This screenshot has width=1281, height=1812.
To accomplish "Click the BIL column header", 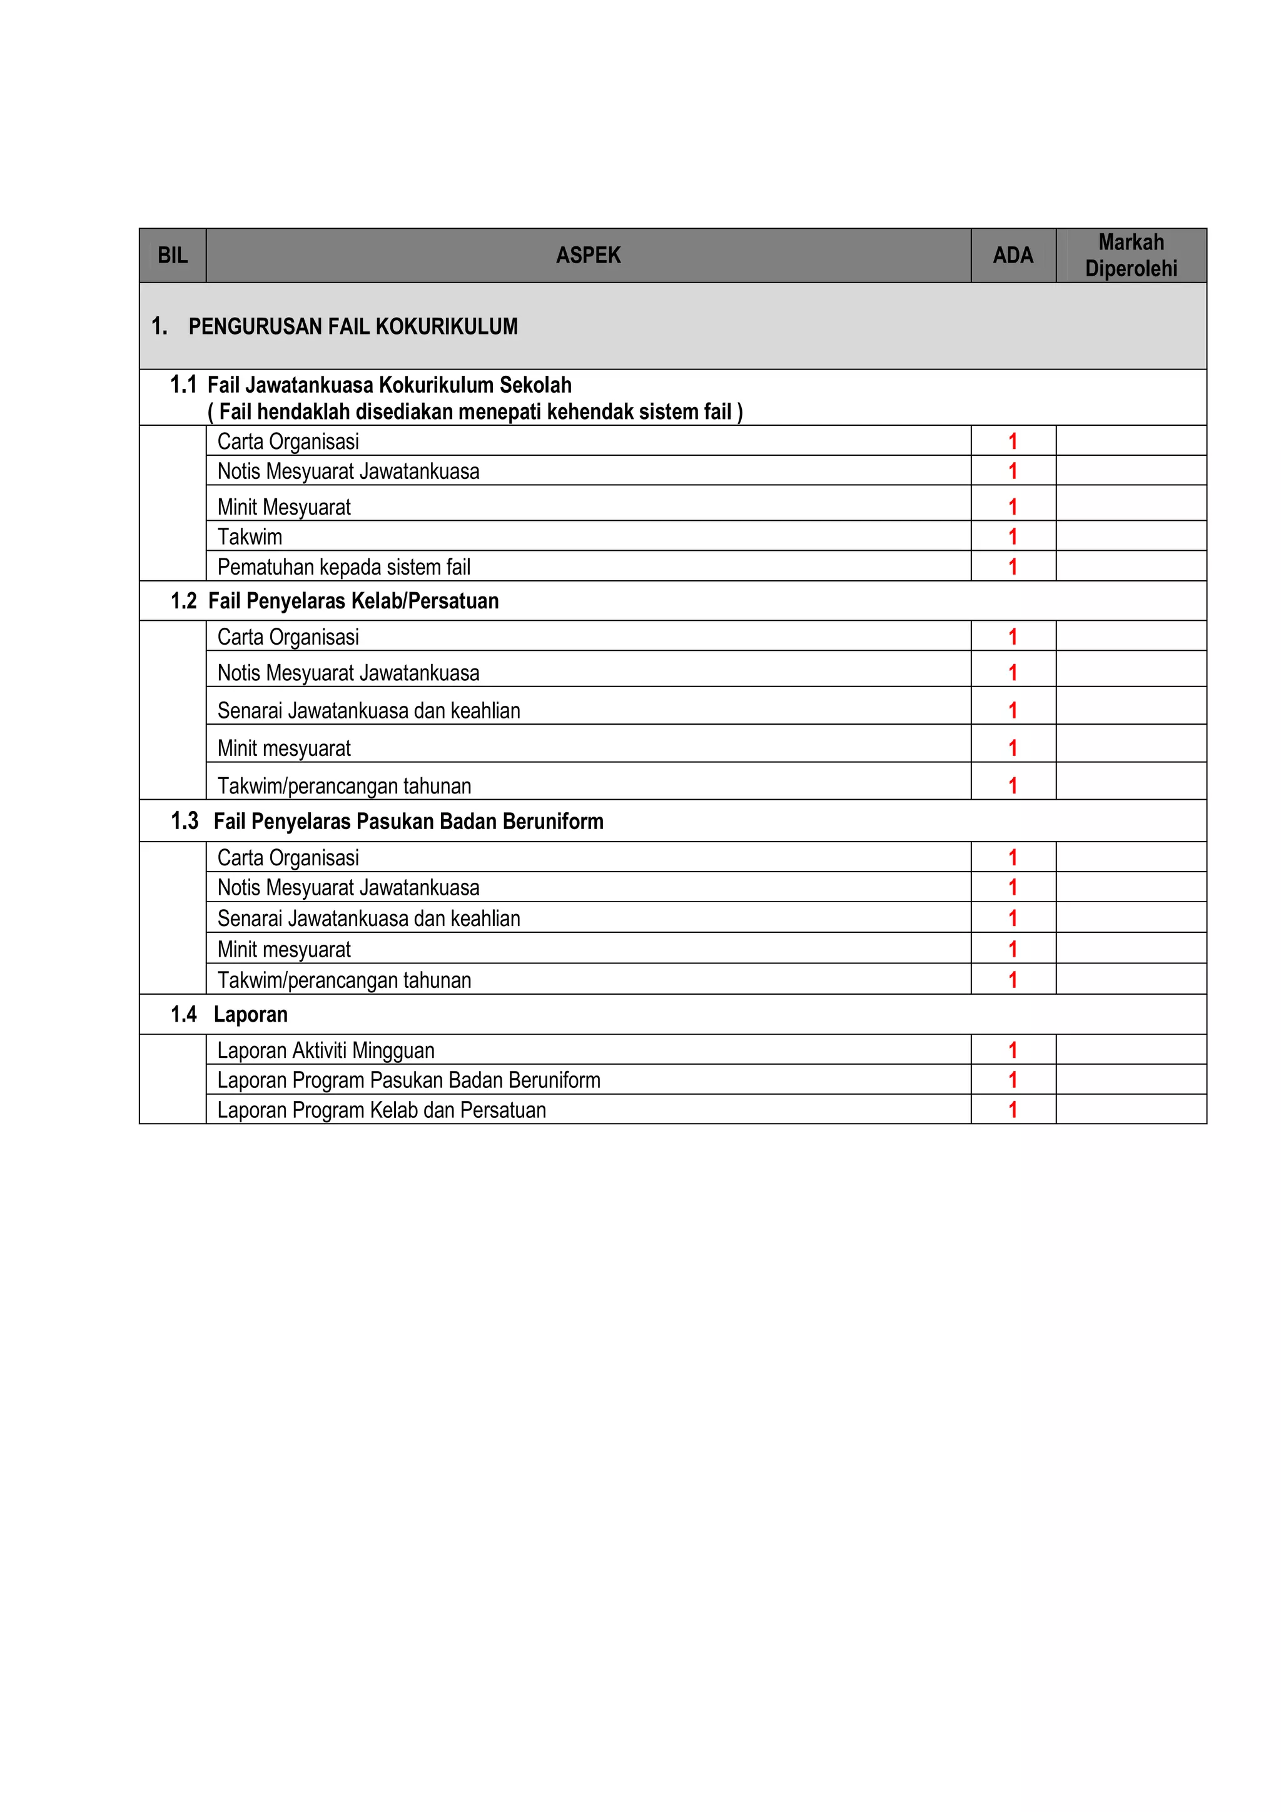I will tap(172, 256).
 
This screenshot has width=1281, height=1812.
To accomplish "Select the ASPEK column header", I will tap(588, 256).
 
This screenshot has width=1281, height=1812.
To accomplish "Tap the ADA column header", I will tap(1013, 256).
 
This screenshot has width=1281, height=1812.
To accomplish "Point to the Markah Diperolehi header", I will tap(1130, 256).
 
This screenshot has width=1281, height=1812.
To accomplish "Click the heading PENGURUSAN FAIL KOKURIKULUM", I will tap(353, 327).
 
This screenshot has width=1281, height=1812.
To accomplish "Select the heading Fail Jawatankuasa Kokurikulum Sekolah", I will tap(389, 385).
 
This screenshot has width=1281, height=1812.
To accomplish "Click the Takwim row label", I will tap(250, 536).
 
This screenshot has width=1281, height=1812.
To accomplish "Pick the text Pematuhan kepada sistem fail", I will tap(343, 566).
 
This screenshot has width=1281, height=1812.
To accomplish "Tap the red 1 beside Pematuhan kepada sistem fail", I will tap(1013, 566).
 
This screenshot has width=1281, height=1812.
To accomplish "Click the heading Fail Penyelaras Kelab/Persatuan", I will tap(353, 601).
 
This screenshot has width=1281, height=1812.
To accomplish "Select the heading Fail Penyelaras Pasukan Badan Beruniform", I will tap(408, 822).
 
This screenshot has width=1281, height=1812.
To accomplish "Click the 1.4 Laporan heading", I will tap(250, 1015).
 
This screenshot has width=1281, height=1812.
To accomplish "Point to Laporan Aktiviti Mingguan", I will tap(325, 1050).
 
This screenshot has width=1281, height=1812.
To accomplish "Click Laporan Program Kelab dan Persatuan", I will tap(381, 1110).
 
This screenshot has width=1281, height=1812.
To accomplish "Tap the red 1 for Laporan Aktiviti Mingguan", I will tap(1013, 1050).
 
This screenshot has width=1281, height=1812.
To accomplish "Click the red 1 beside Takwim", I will tap(1013, 536).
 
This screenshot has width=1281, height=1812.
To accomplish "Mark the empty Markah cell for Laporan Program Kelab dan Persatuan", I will tap(1130, 1110).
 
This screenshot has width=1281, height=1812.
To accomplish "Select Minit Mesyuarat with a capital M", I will tap(283, 506).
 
